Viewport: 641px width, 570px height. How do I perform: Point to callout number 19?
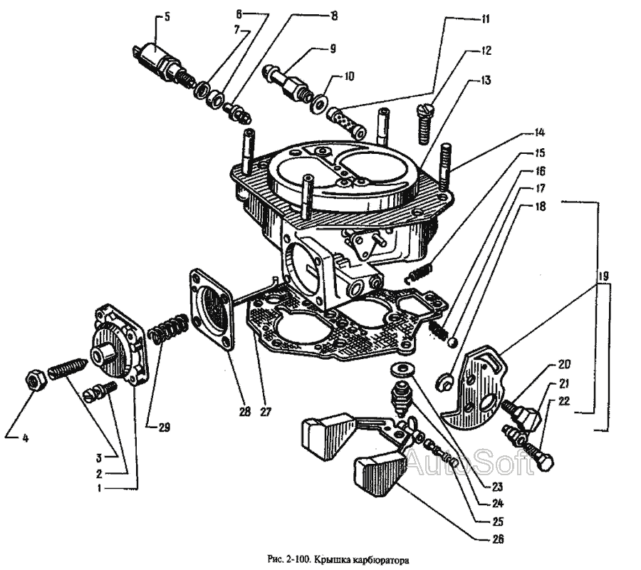[603, 275]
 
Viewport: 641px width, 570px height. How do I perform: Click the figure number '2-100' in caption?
[293, 560]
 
